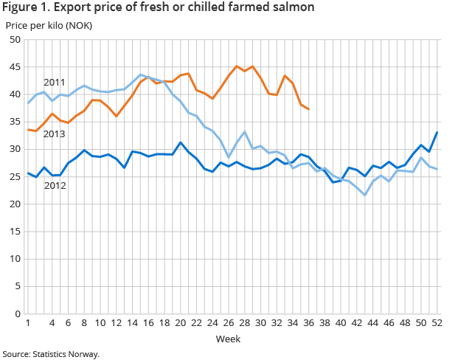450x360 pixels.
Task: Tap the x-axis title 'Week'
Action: point(226,339)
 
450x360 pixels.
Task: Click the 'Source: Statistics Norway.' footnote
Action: point(50,354)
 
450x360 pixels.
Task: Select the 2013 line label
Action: point(55,134)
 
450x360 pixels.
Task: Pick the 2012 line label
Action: point(55,185)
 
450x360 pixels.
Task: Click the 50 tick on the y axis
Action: point(15,40)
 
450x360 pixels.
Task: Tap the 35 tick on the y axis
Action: point(15,122)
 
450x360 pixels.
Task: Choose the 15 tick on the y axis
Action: point(15,232)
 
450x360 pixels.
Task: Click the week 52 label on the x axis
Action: point(437,323)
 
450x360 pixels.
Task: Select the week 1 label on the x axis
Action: point(28,323)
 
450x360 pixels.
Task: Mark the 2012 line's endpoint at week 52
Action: point(437,133)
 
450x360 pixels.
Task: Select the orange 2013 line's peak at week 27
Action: point(236,66)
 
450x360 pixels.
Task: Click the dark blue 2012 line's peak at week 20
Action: point(180,142)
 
